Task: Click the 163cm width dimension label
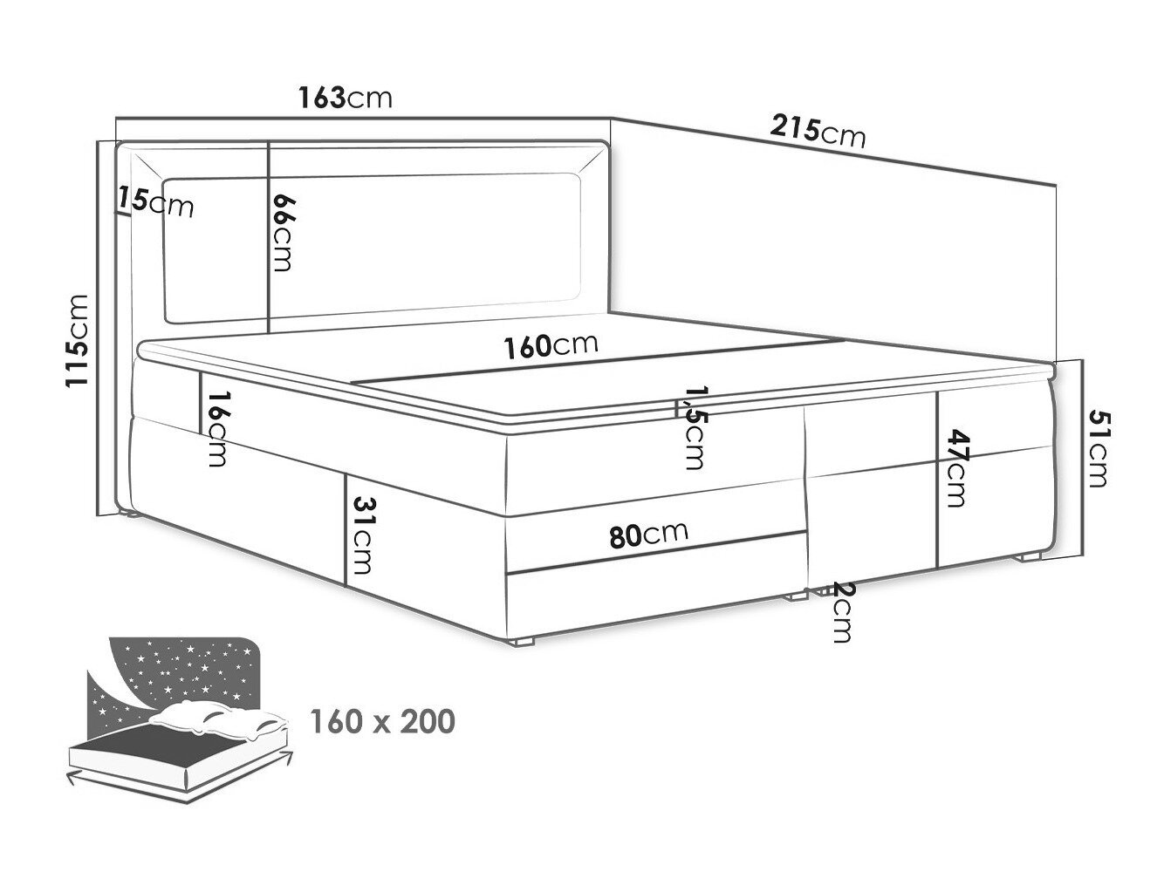pos(346,98)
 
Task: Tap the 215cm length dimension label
pos(818,132)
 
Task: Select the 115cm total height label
pos(77,342)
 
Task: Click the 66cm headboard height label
pos(283,233)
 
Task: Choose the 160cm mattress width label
pos(551,345)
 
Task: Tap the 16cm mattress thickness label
pos(218,428)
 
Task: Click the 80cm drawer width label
pos(649,535)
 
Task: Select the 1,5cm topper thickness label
pos(695,428)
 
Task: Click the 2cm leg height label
pos(841,612)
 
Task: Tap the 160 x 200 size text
pos(382,721)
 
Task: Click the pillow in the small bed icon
pos(217,719)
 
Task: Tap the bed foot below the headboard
pos(127,513)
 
